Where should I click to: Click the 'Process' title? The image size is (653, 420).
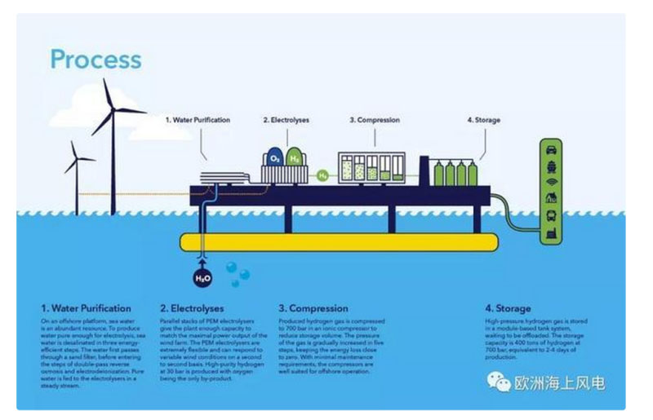click(96, 60)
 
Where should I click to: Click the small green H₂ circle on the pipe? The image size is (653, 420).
click(323, 174)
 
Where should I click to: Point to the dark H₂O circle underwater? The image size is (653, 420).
click(202, 279)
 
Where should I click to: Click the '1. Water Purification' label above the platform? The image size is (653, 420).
click(198, 120)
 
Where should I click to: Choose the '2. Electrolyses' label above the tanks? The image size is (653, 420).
click(286, 120)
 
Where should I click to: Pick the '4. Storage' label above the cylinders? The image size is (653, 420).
click(483, 120)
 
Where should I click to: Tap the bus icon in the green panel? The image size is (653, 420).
click(552, 217)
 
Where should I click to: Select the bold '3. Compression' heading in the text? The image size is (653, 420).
click(313, 309)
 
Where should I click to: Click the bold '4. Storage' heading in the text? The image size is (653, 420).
click(507, 309)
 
